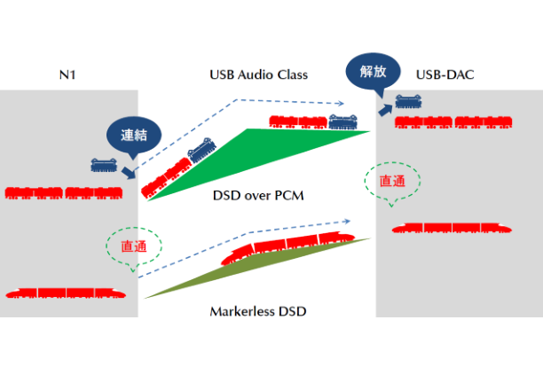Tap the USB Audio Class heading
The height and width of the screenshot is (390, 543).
[x=257, y=74]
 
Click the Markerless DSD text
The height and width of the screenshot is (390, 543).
[x=258, y=311]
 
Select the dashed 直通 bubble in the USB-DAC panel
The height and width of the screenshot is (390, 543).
[x=391, y=182]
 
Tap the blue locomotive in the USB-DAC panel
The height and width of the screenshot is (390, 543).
[x=408, y=103]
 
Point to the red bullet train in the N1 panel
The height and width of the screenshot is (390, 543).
[x=65, y=292]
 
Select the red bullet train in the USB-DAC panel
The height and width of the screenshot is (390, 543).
[x=450, y=228]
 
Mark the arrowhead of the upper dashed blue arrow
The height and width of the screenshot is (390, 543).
[x=341, y=104]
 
